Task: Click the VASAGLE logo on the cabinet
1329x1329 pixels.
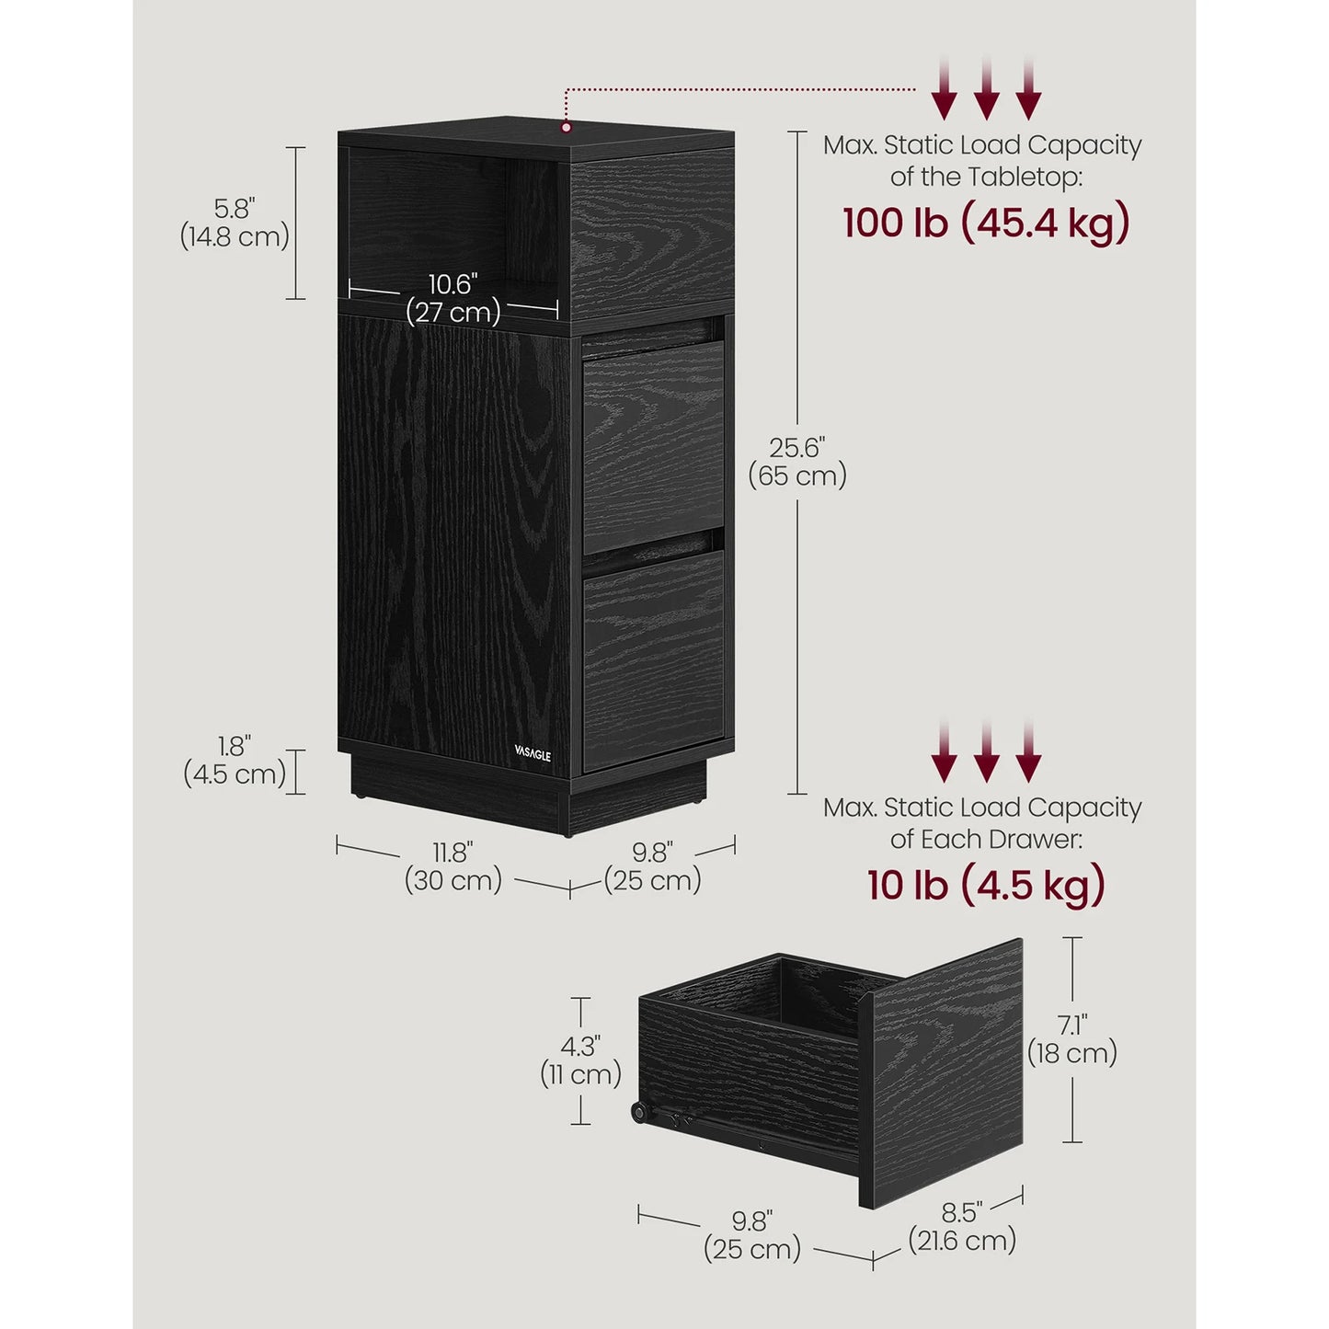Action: coord(533,755)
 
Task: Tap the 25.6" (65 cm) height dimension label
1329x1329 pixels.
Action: coord(797,462)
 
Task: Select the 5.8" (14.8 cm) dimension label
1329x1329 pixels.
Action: coord(235,223)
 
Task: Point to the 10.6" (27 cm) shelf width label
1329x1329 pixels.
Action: coord(453,298)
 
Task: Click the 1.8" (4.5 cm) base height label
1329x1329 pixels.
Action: coord(235,760)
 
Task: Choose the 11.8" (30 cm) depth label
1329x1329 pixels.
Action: coord(453,866)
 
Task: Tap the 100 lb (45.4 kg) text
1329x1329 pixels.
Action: coord(986,223)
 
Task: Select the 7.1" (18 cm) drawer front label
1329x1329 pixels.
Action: coord(1072,1038)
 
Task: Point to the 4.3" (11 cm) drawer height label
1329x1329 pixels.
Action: coord(581,1060)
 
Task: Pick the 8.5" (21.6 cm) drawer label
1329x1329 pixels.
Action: coord(962,1225)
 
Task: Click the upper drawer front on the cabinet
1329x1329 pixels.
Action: coord(653,446)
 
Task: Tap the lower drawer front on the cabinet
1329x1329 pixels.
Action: coord(653,659)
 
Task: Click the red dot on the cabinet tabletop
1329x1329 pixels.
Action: coord(567,127)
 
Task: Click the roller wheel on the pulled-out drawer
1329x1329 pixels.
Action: coord(637,1113)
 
